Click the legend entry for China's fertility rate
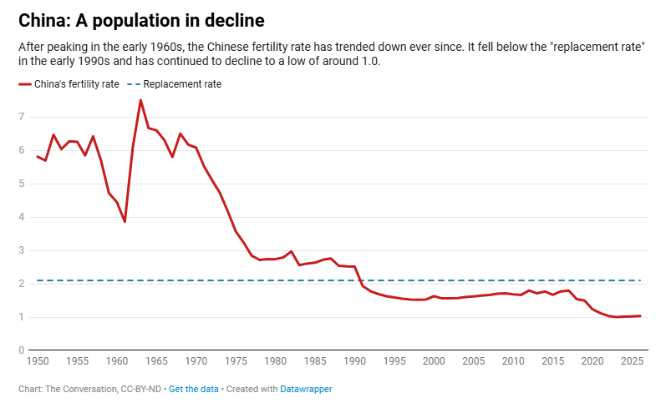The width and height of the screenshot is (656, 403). click(x=69, y=84)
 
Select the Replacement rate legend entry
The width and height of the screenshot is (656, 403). click(x=176, y=84)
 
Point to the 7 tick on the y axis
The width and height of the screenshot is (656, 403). click(x=22, y=117)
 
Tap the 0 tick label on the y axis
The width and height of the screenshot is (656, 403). click(x=22, y=350)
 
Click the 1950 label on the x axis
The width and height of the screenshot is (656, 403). click(x=37, y=362)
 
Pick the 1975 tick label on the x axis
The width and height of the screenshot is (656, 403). click(x=236, y=362)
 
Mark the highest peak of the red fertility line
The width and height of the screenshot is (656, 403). click(x=140, y=100)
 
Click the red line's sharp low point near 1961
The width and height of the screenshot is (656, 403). click(x=125, y=222)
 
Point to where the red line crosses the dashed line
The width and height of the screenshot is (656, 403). click(x=361, y=281)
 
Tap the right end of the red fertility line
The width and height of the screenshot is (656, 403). click(x=641, y=316)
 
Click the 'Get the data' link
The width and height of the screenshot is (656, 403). click(x=193, y=389)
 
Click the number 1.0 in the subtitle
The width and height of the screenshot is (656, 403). click(x=370, y=62)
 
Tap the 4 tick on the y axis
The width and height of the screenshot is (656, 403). click(x=22, y=217)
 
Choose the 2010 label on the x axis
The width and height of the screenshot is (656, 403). click(x=513, y=362)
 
